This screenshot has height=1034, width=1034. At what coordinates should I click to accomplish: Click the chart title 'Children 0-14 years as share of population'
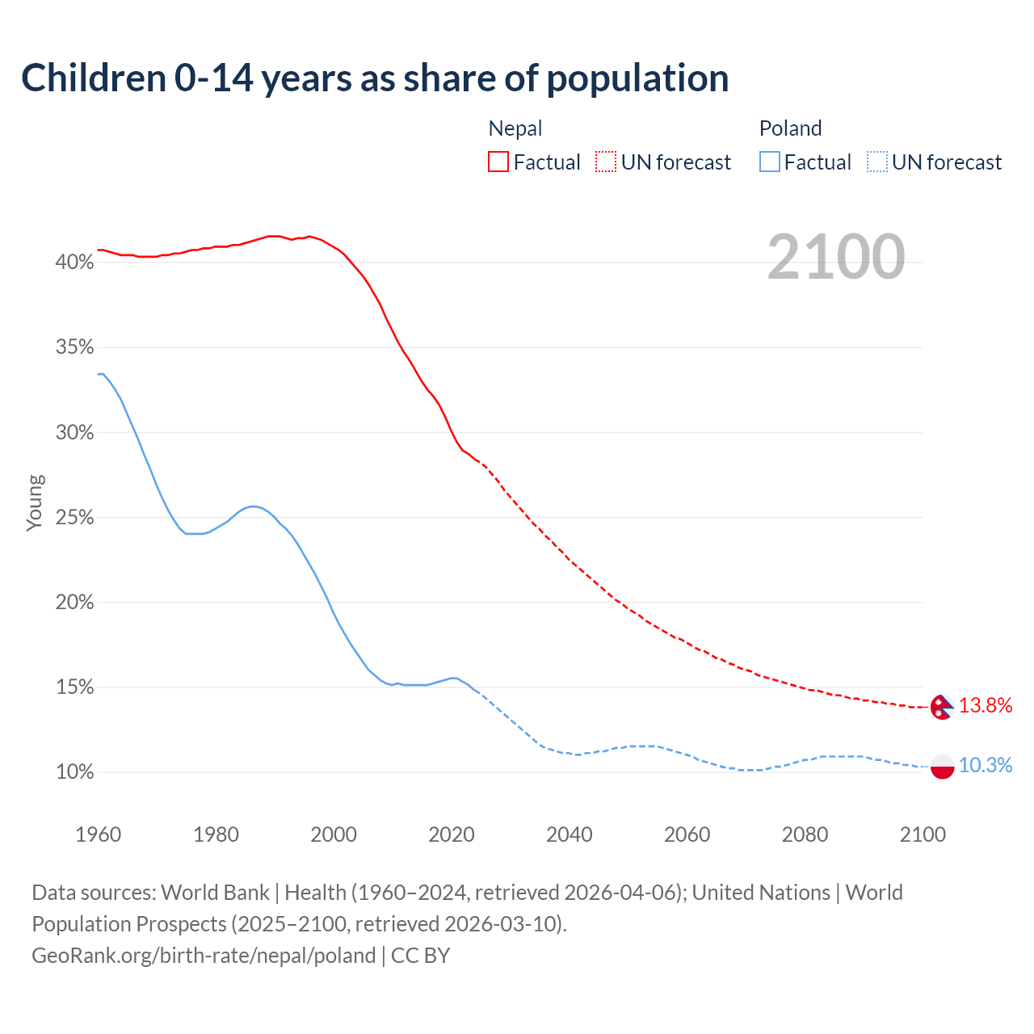(375, 78)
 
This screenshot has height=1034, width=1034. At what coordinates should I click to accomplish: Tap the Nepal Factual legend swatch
(498, 162)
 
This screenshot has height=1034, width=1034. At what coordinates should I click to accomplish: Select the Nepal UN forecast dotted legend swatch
(606, 162)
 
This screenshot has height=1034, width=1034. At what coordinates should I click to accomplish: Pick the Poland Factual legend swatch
(770, 162)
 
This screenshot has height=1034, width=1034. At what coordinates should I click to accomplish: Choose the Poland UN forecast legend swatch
(877, 162)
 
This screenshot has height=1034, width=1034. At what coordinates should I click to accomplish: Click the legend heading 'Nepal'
(515, 128)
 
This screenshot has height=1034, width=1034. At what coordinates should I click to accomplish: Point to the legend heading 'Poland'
(790, 128)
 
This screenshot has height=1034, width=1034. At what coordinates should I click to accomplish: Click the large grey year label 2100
(835, 257)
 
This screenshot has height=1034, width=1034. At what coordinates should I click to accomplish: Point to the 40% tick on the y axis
(74, 263)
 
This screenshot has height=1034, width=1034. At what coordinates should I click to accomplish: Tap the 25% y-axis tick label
(74, 518)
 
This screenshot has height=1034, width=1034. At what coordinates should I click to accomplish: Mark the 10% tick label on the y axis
(74, 772)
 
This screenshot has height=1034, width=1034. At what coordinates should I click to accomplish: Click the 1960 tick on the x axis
(98, 834)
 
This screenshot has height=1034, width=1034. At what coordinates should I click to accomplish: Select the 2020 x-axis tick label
(452, 834)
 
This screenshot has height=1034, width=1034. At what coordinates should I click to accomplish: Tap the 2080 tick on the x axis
(805, 834)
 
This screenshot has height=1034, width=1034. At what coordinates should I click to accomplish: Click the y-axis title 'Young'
(35, 502)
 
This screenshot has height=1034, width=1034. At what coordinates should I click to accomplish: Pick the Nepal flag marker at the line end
(942, 707)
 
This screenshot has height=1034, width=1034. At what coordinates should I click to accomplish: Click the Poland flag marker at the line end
(943, 766)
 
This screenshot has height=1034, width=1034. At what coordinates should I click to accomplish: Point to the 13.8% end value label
(986, 705)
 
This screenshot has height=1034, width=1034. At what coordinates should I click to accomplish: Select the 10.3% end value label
(986, 765)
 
